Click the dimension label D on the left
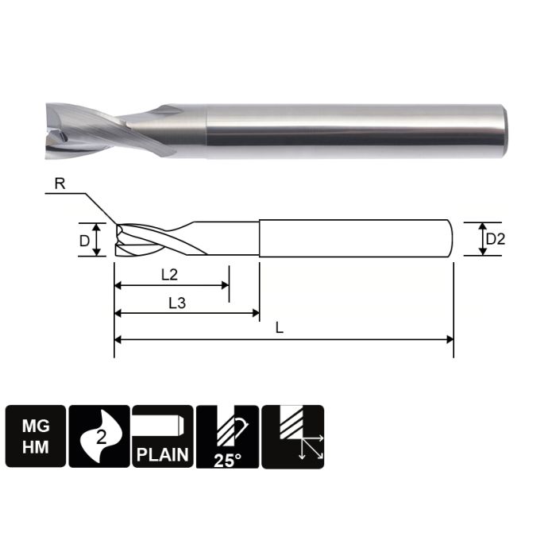coord(84,239)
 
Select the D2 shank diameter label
coord(495,239)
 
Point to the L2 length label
coord(168,275)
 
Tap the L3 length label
coord(179,303)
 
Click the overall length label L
coord(280,328)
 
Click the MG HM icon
coord(36,436)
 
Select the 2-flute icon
coord(99,436)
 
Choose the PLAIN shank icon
coord(163,436)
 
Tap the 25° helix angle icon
coord(227,436)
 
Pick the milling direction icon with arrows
coord(292,436)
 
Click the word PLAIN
coord(163,454)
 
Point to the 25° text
coord(227,458)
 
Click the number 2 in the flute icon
coord(101,436)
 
